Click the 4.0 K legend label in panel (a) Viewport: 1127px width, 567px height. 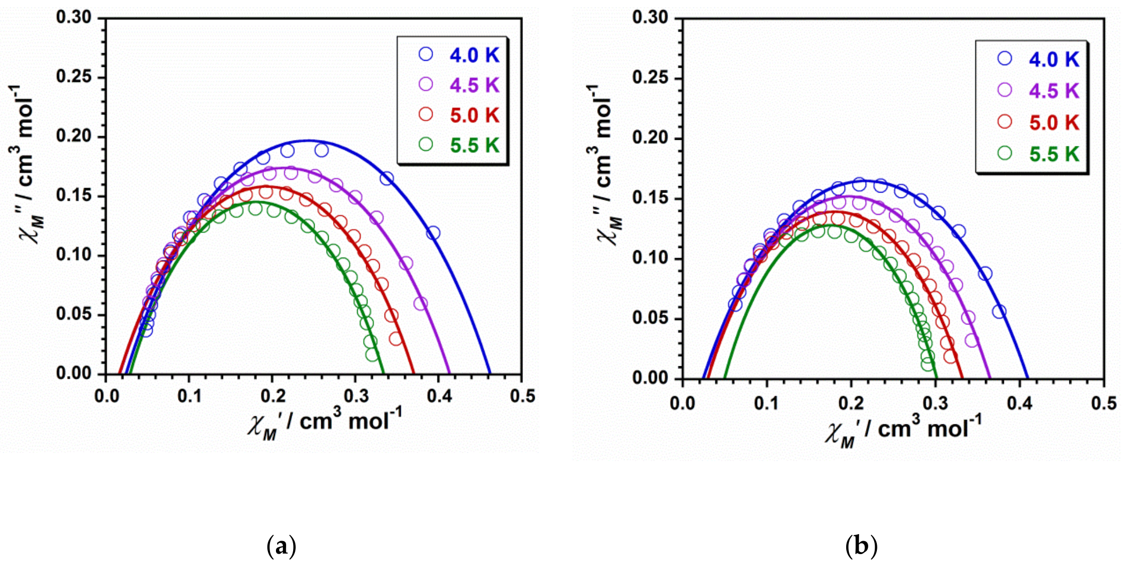coord(474,55)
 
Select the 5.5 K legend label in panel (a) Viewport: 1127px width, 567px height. coord(474,145)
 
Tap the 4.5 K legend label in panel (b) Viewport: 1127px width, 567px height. coord(1054,91)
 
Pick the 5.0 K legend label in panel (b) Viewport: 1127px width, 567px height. coord(1054,123)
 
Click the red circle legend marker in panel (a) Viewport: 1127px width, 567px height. coord(426,114)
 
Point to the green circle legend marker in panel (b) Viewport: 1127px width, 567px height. coord(1004,153)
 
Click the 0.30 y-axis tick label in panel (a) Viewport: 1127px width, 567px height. coord(74,17)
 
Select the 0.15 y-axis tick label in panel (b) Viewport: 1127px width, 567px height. coord(650,198)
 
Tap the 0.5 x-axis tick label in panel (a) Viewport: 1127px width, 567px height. coord(522,396)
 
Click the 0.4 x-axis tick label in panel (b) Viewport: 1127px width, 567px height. coord(1019,402)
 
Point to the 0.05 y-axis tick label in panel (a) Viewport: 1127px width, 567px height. coord(74,314)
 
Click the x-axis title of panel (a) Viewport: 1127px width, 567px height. coord(325,423)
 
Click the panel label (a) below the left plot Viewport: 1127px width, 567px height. coord(281,547)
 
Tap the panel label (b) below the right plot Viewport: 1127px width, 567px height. coord(861,547)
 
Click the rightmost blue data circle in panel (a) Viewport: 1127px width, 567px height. coord(433,233)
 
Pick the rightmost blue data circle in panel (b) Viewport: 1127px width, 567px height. coord(999,311)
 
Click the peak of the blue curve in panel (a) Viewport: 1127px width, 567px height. coord(307,140)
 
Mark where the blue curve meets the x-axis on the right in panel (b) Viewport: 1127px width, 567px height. coord(1027,378)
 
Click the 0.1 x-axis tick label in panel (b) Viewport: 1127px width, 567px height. coord(766,402)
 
